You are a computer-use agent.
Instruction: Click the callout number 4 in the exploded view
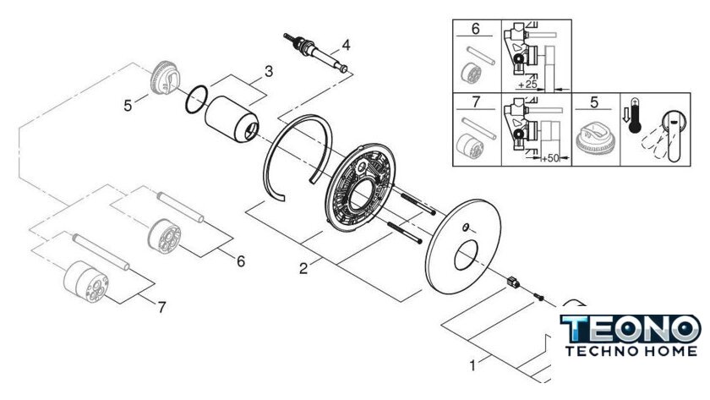pos(346,46)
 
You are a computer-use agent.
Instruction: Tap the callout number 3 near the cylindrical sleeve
pos(269,72)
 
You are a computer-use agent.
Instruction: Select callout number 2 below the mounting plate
pos(303,268)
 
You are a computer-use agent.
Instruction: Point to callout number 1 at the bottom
pos(472,365)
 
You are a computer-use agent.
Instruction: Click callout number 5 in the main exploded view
pos(128,106)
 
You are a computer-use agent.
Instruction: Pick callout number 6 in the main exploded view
pos(240,261)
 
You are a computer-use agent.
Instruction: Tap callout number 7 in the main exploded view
pos(161,308)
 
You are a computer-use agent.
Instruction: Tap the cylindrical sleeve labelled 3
pos(232,119)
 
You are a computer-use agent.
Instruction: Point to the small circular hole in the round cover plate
pos(466,227)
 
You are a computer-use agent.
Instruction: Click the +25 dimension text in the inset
pos(527,85)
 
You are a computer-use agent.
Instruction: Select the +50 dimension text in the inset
pos(550,158)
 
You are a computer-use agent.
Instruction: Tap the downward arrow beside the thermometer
pos(625,116)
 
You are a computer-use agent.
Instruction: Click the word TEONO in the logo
pos(631,328)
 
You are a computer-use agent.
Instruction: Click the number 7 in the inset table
pos(475,101)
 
